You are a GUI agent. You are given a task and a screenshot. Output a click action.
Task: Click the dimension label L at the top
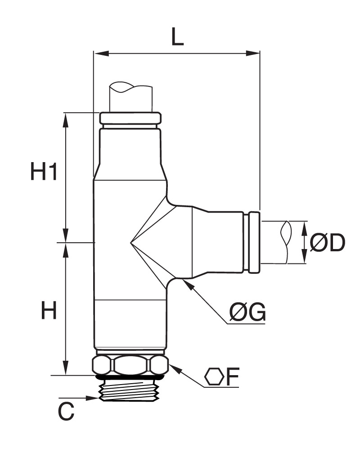coord(177,36)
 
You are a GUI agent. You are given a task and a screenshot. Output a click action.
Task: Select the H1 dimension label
coord(44,172)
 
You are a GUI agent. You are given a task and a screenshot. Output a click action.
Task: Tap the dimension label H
coord(49,310)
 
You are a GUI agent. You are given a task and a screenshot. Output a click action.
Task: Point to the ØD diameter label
coord(327,242)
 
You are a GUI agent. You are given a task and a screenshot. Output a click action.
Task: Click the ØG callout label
coord(247,312)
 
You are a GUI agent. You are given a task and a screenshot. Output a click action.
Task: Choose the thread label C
coord(66,412)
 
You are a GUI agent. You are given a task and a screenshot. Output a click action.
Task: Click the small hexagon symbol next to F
coord(214,377)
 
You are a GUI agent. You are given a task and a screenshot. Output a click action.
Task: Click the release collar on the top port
coord(130,118)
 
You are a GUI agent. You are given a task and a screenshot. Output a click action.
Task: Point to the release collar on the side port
coord(254,242)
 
